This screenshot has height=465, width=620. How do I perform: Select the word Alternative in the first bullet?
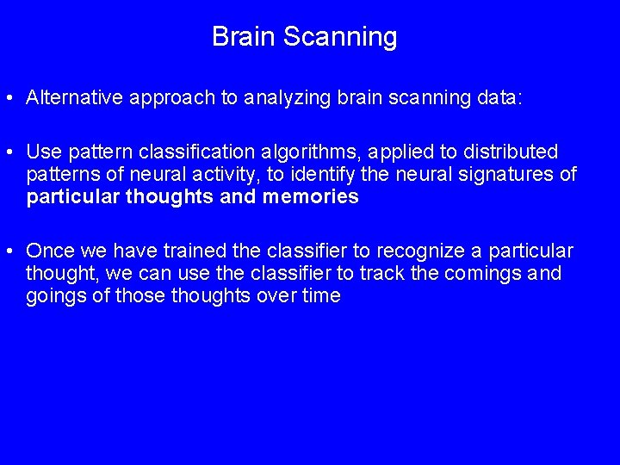(x=75, y=98)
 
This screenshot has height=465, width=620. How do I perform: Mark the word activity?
(x=198, y=175)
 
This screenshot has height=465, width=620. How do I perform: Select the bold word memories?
(x=311, y=197)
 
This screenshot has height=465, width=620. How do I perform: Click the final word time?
(x=321, y=296)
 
